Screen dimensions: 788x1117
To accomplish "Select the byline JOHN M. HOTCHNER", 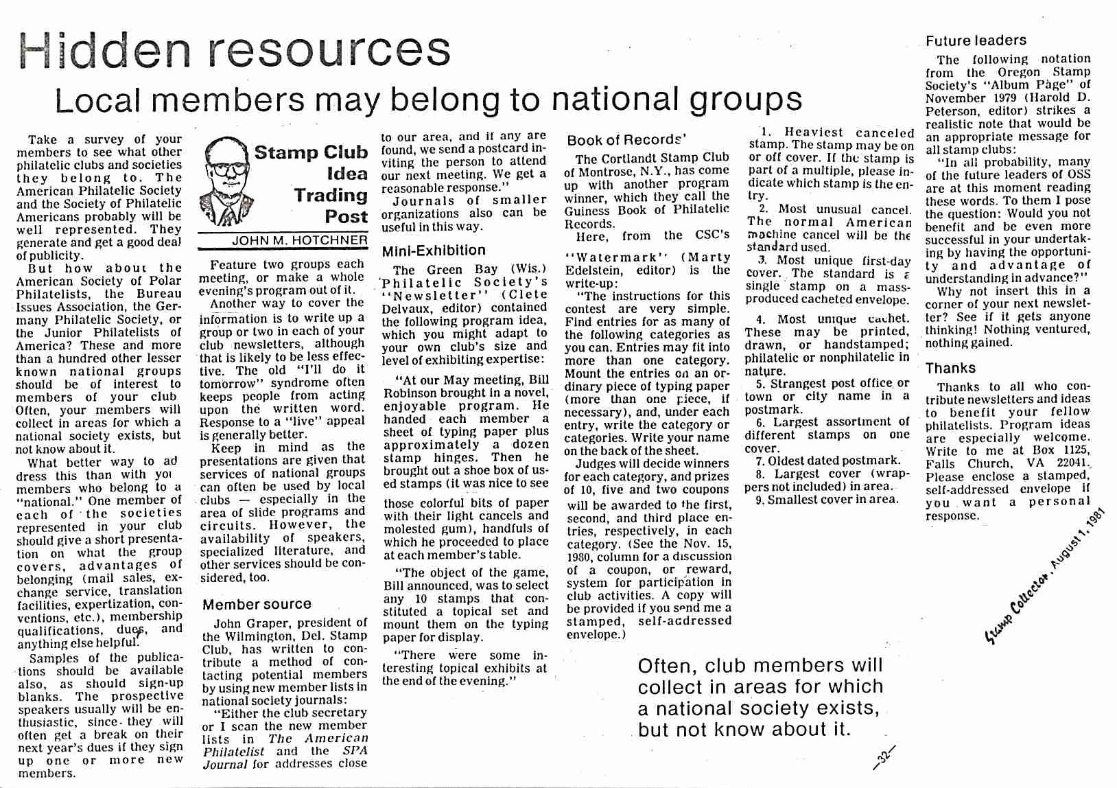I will click(299, 241).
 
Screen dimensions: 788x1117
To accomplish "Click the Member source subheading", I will click(257, 605).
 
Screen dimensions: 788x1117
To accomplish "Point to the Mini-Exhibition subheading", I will click(434, 251).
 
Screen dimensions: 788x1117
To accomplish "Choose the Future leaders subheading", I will click(976, 40).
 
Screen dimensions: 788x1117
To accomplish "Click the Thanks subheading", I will click(950, 368).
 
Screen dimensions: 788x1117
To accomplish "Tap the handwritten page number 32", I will click(884, 758).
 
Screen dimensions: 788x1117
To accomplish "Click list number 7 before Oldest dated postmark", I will click(760, 461).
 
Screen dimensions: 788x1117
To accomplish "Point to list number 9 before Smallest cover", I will click(760, 500).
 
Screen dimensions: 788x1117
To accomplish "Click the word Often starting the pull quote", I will click(667, 666).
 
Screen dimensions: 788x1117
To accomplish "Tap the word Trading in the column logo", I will click(331, 196).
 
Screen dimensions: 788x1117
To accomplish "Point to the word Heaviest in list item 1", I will click(814, 132).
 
